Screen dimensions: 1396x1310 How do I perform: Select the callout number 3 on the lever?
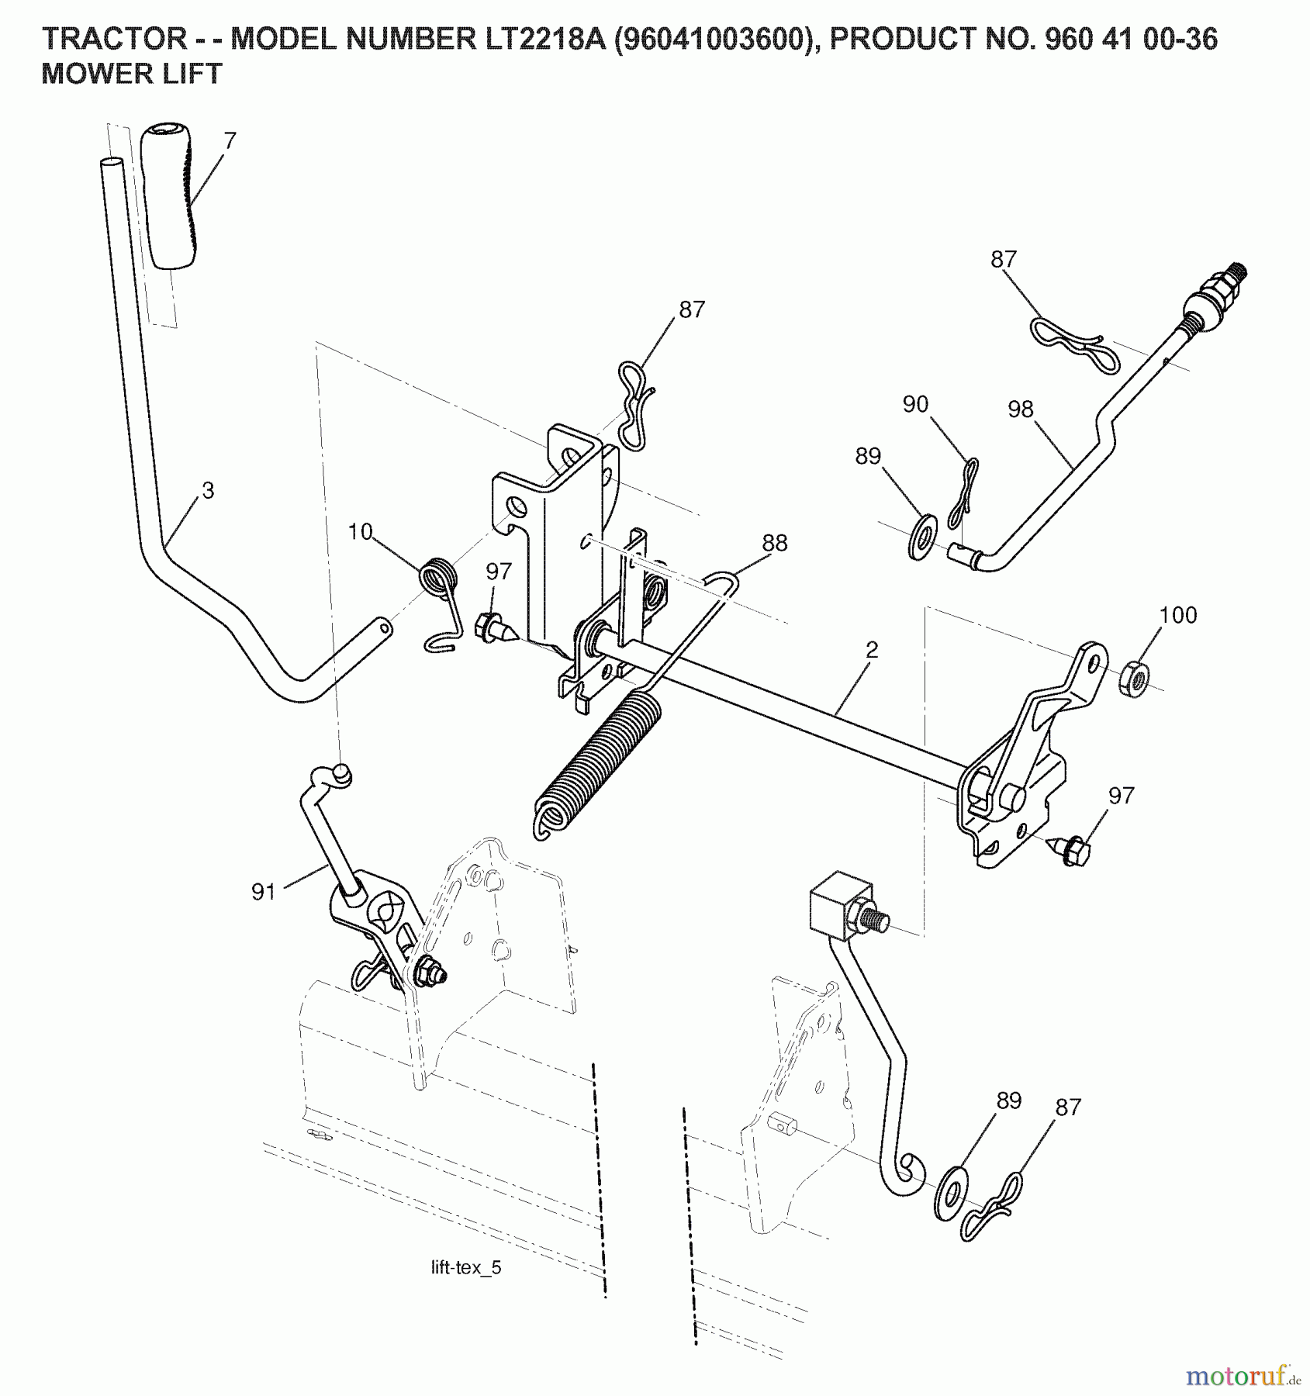pyautogui.click(x=207, y=490)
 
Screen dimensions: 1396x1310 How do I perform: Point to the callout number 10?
pyautogui.click(x=360, y=531)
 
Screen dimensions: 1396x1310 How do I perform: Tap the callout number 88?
pyautogui.click(x=774, y=543)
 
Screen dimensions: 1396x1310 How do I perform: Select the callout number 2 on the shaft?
pyautogui.click(x=872, y=650)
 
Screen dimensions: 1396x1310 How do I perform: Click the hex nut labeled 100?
pyautogui.click(x=1134, y=679)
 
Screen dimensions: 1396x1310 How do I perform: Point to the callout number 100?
pyautogui.click(x=1178, y=615)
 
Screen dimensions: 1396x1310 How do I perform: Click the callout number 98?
pyautogui.click(x=1021, y=409)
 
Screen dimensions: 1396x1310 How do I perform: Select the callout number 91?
pyautogui.click(x=264, y=892)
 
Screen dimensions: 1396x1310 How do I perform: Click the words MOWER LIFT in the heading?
pyautogui.click(x=132, y=74)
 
